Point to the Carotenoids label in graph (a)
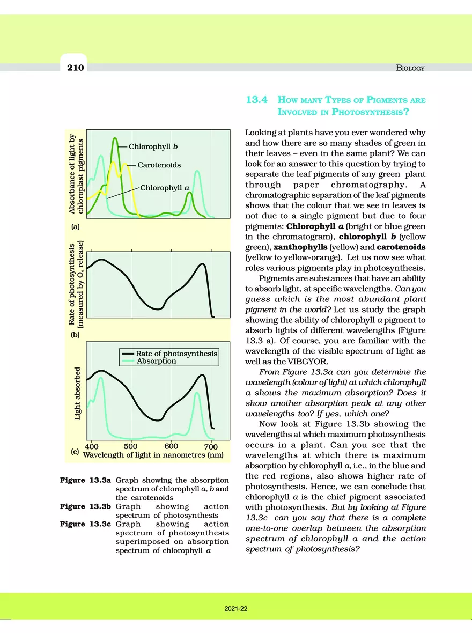(x=159, y=165)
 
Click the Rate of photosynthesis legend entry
(x=176, y=354)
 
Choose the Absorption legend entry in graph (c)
(x=156, y=362)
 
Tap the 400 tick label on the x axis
(x=92, y=446)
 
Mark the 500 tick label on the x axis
(x=130, y=446)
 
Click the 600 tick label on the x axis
(x=171, y=446)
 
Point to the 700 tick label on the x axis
(x=211, y=446)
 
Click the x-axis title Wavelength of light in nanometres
(x=153, y=455)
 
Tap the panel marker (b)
(x=75, y=336)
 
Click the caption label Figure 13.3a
(x=85, y=479)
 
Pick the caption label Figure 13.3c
(x=85, y=524)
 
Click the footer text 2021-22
(x=236, y=609)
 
